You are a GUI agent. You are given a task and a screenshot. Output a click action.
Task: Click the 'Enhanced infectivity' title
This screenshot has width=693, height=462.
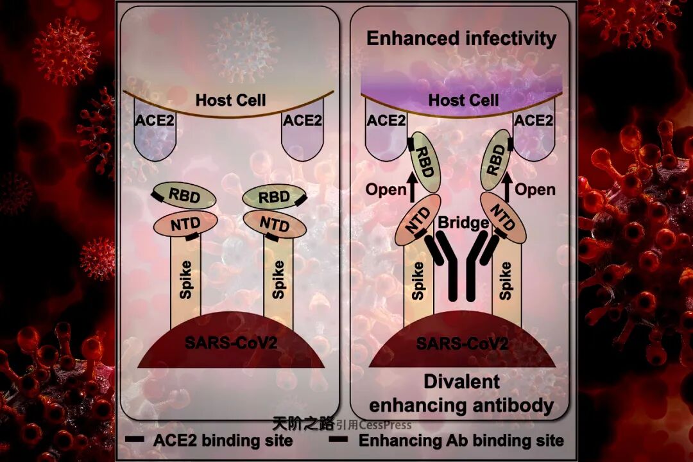461,38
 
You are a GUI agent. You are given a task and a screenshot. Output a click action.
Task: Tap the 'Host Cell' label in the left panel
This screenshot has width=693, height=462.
230,100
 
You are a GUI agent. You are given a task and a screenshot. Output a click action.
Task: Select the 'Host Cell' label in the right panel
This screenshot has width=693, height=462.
463,100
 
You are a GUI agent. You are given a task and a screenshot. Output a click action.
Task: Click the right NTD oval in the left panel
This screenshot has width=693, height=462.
273,224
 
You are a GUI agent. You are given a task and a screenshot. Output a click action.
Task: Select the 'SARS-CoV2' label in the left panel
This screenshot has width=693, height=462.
231,342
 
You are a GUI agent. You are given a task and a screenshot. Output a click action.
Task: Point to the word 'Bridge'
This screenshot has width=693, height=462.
463,223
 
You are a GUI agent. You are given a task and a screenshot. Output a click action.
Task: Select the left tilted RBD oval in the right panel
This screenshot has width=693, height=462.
425,162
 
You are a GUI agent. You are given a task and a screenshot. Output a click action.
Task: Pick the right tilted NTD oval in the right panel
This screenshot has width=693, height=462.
503,219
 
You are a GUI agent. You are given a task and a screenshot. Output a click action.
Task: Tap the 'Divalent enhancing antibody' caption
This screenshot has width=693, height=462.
461,393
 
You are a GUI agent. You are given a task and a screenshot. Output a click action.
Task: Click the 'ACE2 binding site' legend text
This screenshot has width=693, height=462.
223,440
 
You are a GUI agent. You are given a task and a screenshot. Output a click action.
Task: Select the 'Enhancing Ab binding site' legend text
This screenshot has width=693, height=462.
461,440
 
